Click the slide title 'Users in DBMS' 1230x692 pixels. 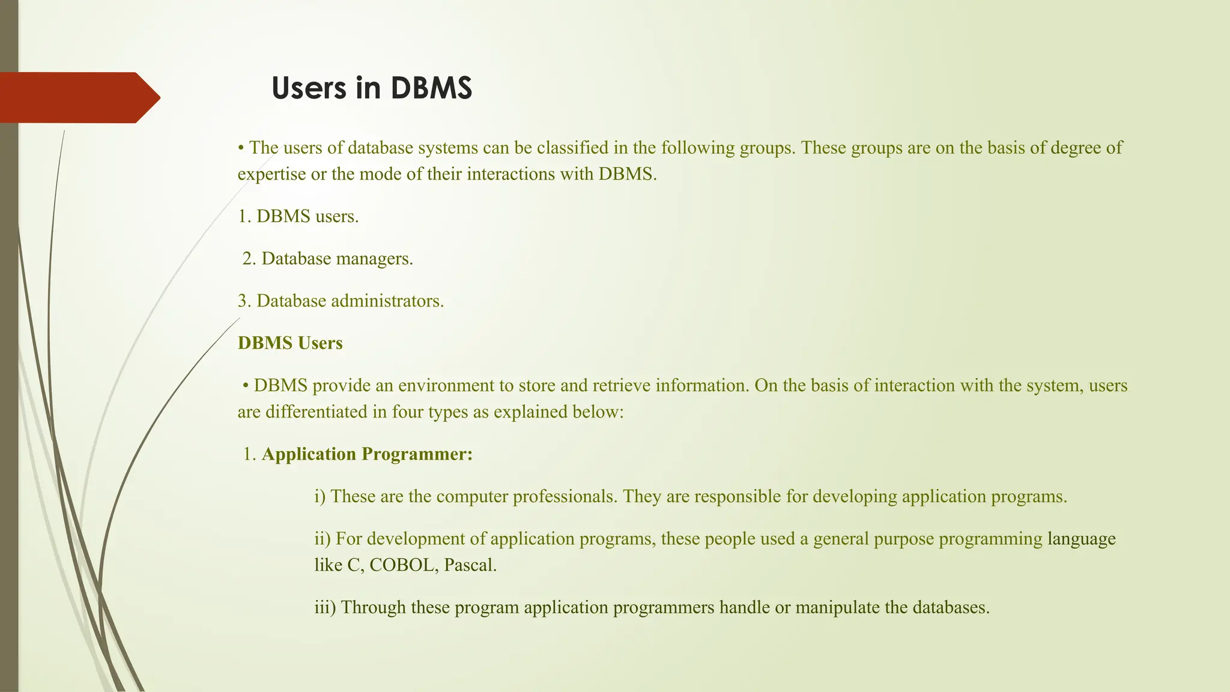pos(372,88)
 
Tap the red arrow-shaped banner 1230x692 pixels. pos(78,97)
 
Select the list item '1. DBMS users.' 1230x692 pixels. pos(298,216)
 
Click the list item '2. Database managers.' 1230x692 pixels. pos(327,259)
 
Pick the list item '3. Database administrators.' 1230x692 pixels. pos(341,301)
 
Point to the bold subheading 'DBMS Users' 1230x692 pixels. pos(290,343)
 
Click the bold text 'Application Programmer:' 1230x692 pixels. pos(367,454)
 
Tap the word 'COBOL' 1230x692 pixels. pos(401,565)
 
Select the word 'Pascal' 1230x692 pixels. pos(470,565)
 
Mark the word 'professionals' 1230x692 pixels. pos(565,497)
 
